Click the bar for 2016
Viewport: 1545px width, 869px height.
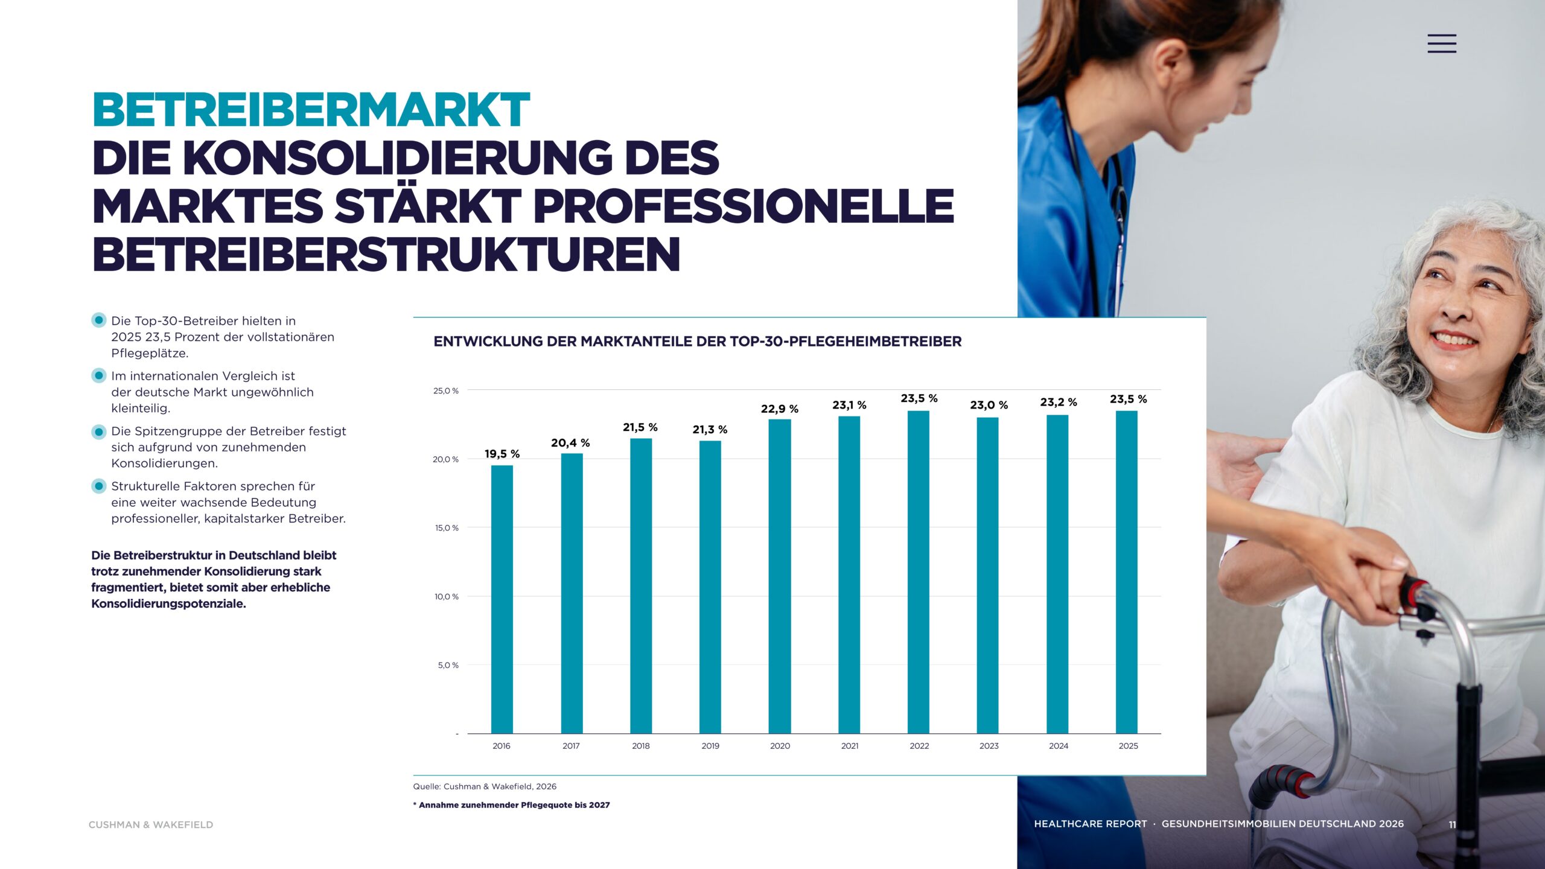tap(502, 599)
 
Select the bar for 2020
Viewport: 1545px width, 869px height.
tap(780, 576)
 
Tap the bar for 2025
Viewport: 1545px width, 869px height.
tap(1127, 572)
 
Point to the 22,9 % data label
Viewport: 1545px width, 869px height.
tap(780, 409)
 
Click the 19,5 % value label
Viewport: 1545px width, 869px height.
tap(502, 454)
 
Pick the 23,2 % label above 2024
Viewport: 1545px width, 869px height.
tap(1059, 402)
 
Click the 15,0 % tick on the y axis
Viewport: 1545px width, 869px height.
tap(447, 528)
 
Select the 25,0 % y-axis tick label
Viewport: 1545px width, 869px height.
tap(446, 391)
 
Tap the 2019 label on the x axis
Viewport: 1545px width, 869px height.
tap(710, 746)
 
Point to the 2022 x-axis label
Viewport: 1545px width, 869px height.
tap(919, 746)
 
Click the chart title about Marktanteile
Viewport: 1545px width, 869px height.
tap(698, 342)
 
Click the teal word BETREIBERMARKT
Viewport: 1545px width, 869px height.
tap(311, 110)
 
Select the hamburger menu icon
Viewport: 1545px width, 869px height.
tap(1442, 43)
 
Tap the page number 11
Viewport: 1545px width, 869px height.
tap(1452, 824)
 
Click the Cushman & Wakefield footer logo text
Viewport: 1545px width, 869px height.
tap(151, 825)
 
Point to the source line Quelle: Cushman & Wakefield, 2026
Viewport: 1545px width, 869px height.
tap(485, 786)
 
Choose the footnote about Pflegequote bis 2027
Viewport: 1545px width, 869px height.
tap(511, 805)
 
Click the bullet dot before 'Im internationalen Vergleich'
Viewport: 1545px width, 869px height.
tap(99, 375)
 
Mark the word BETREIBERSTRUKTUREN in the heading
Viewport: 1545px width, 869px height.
tap(386, 254)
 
